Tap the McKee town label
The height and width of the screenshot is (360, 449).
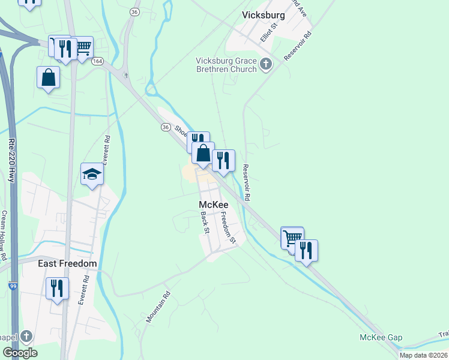point(214,205)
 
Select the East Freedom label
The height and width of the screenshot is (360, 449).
point(67,263)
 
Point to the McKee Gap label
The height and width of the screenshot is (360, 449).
point(381,337)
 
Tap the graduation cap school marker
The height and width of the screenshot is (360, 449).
point(92,173)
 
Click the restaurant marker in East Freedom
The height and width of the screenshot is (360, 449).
point(57,287)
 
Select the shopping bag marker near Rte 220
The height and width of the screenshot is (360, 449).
point(48,77)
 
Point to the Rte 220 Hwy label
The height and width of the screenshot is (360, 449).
point(11,160)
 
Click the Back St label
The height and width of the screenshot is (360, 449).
point(205,223)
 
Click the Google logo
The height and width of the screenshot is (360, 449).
point(20,352)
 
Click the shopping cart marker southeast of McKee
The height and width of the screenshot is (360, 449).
point(292,236)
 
